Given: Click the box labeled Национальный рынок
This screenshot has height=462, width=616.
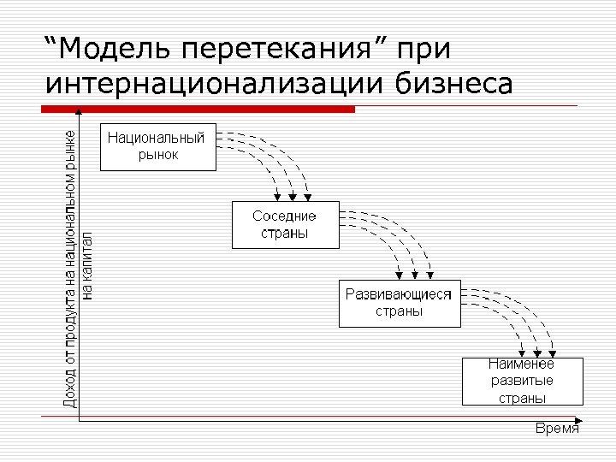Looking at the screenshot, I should pyautogui.click(x=158, y=147).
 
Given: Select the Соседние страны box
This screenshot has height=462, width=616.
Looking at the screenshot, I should pyautogui.click(x=285, y=225).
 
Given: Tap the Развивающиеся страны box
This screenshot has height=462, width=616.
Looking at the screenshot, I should pyautogui.click(x=400, y=303).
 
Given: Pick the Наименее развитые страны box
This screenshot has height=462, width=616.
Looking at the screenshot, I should pyautogui.click(x=521, y=382).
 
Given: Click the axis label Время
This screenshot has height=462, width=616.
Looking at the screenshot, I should pyautogui.click(x=557, y=429).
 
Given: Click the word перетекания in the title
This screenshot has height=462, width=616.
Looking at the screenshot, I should pyautogui.click(x=271, y=50).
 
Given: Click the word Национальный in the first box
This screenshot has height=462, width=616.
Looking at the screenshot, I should pyautogui.click(x=156, y=139).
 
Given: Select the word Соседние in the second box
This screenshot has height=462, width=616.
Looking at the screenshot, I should pyautogui.click(x=284, y=216).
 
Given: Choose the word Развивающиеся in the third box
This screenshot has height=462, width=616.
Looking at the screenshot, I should pyautogui.click(x=399, y=294).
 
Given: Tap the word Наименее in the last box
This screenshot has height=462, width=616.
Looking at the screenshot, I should pyautogui.click(x=521, y=364).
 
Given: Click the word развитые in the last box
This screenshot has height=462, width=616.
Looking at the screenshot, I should pyautogui.click(x=521, y=381).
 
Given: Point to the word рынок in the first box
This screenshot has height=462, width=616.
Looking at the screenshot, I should pyautogui.click(x=158, y=155).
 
